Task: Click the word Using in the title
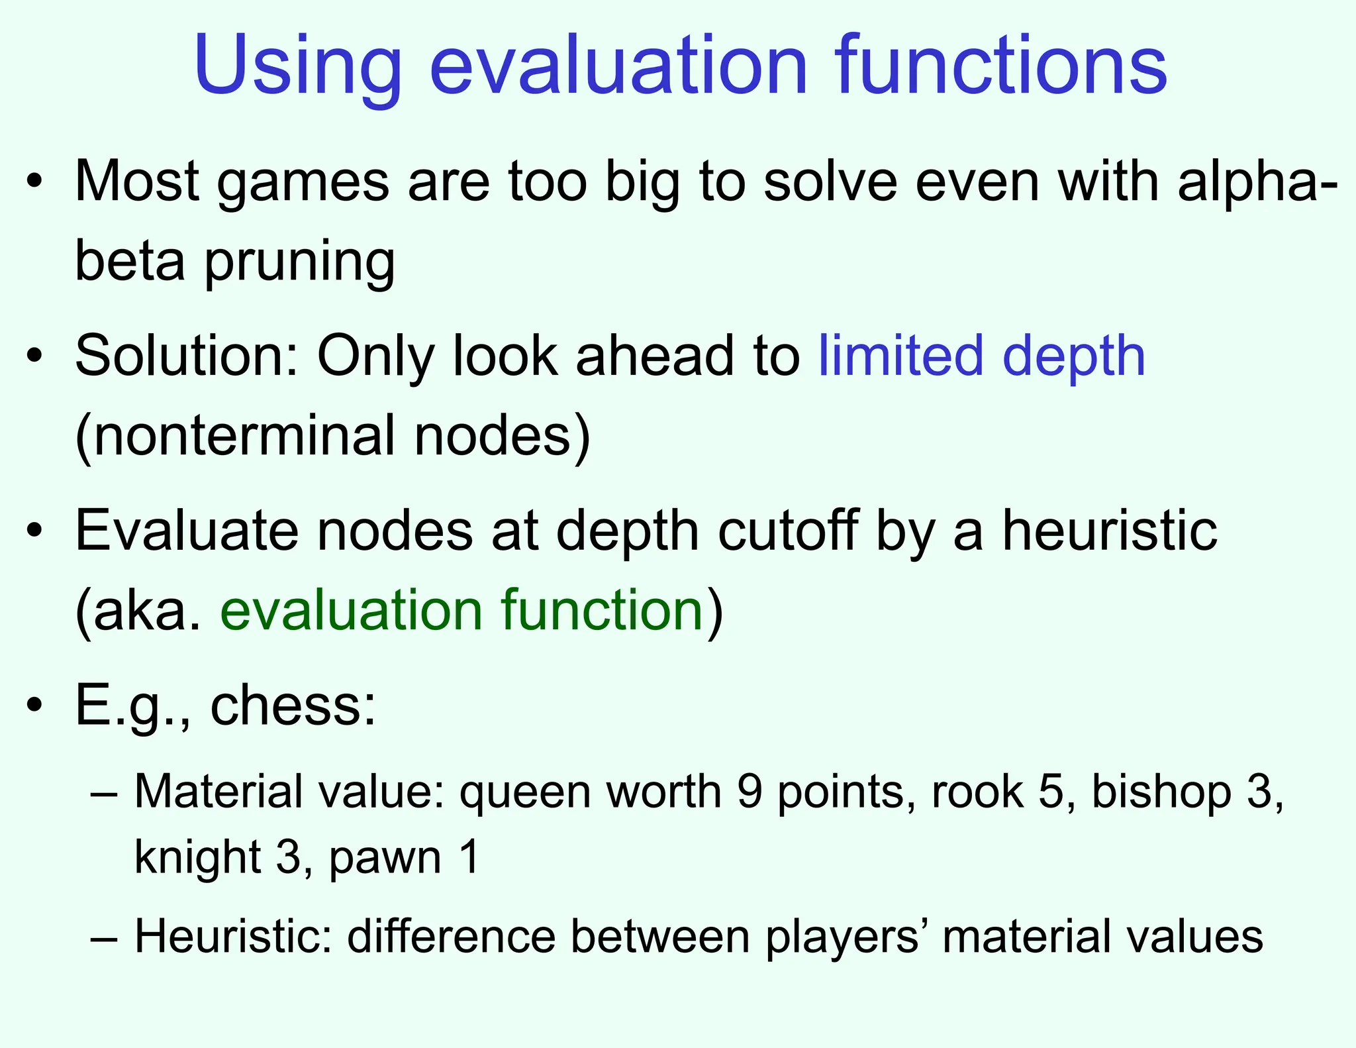[297, 66]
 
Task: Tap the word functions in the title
[1000, 66]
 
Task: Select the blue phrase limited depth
[981, 356]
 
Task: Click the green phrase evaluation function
[461, 609]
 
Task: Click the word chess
[292, 705]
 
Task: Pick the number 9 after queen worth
[750, 792]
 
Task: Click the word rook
[977, 792]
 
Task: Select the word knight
[197, 857]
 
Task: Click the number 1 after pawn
[469, 857]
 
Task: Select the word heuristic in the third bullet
[1110, 531]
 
